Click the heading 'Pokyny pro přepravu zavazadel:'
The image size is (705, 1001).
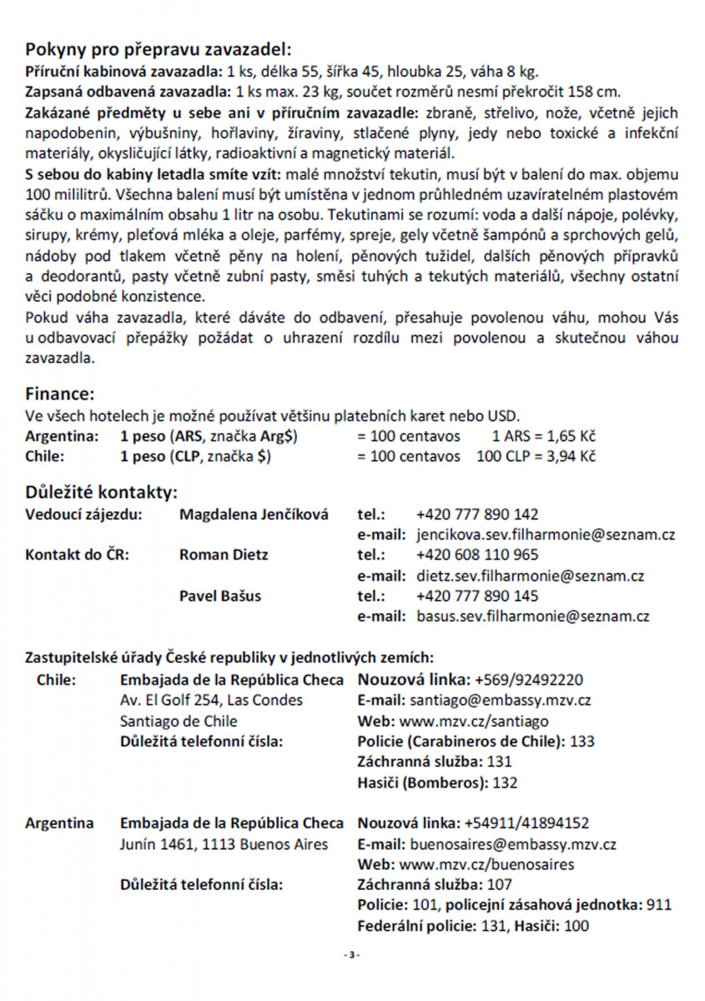click(x=159, y=48)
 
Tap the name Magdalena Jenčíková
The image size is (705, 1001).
click(x=254, y=514)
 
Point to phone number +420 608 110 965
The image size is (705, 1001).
click(x=476, y=555)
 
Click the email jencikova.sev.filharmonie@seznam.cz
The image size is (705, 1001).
click(x=533, y=535)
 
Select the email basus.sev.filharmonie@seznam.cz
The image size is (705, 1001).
click(x=533, y=617)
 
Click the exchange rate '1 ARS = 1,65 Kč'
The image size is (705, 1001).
click(x=543, y=436)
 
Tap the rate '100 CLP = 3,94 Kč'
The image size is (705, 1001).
click(x=535, y=457)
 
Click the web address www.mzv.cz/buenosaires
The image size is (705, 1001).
click(x=487, y=864)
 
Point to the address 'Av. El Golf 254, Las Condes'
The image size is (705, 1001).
click(x=212, y=700)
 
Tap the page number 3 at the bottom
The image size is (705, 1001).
click(x=352, y=954)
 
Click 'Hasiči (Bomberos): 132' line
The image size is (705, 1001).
click(x=437, y=782)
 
